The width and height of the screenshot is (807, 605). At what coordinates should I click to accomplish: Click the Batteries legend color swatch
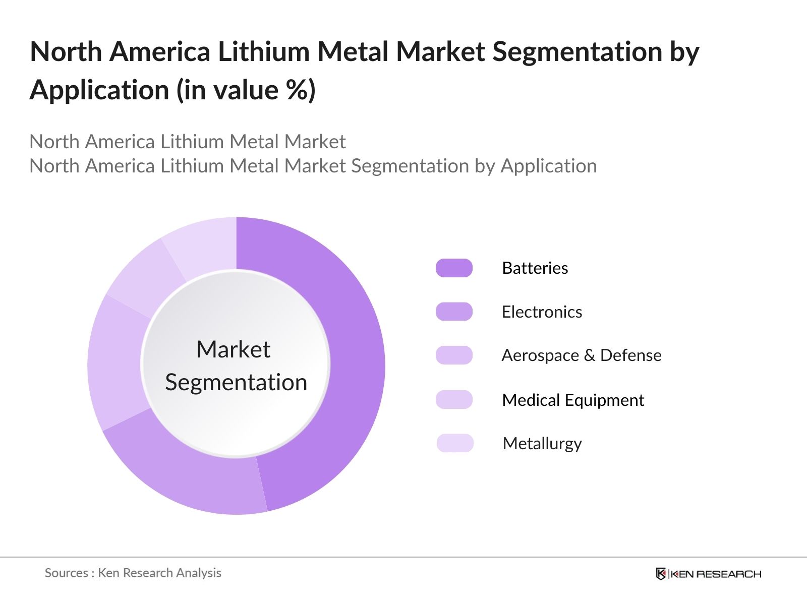coord(454,268)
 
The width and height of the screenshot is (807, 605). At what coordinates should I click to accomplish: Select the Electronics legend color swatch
coord(454,312)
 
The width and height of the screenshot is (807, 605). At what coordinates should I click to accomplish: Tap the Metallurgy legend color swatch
coord(454,443)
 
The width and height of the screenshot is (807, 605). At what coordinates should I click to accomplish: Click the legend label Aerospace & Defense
coord(581,355)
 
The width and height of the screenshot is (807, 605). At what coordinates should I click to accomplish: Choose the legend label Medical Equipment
coord(573,400)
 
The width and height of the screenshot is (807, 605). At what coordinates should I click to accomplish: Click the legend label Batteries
coord(535,268)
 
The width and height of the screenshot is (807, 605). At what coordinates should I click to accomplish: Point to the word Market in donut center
coord(234,349)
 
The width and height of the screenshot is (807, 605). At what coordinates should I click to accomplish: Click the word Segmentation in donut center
coord(236,382)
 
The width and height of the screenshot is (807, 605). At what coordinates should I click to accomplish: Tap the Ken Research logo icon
coord(661,574)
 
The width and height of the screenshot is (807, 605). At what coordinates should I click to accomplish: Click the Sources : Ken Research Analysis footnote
coord(133,573)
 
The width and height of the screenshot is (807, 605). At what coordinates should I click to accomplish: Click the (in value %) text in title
coord(246,90)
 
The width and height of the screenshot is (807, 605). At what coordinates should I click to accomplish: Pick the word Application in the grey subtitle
coord(548,166)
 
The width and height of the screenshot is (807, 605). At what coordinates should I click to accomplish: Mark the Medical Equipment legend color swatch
coord(454,399)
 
